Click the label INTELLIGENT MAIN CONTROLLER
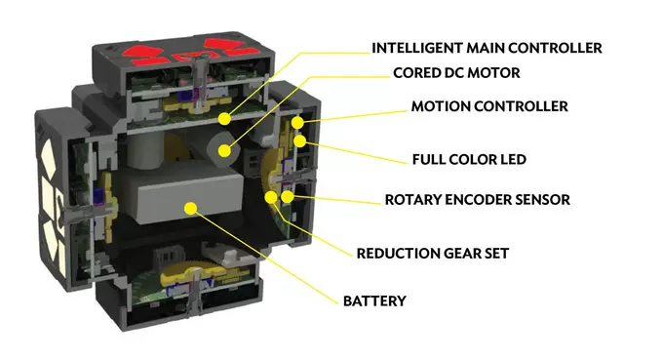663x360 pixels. (x=487, y=48)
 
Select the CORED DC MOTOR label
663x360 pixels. (x=456, y=73)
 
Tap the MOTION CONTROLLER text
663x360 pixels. (x=489, y=106)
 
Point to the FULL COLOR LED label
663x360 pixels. (x=469, y=159)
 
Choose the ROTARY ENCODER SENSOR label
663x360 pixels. (x=478, y=200)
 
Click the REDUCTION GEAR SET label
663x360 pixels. (x=433, y=254)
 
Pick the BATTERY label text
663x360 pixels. (x=374, y=301)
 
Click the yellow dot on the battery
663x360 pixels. (x=191, y=208)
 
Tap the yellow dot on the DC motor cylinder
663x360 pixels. (x=224, y=150)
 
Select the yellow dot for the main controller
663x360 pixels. (x=225, y=119)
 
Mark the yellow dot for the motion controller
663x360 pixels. (x=297, y=123)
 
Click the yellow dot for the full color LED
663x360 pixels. (x=299, y=141)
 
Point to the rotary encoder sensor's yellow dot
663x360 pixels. (x=287, y=197)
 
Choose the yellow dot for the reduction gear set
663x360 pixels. (x=271, y=197)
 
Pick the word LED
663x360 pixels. (x=513, y=159)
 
